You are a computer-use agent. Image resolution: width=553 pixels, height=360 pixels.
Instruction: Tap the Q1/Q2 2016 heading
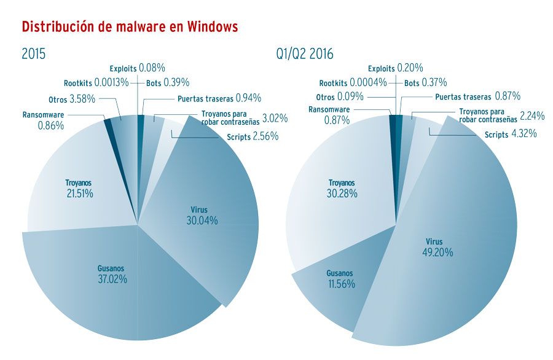[x=305, y=54]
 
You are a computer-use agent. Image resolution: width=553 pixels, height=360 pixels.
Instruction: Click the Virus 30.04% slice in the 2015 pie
[x=202, y=215]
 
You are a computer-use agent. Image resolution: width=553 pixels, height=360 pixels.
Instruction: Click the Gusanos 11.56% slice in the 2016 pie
[x=335, y=280]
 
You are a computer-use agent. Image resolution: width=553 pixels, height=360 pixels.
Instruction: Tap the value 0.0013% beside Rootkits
[x=113, y=83]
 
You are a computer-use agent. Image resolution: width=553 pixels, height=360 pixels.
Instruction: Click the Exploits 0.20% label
[x=398, y=68]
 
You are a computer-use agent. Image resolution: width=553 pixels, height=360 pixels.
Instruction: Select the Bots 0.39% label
[x=167, y=83]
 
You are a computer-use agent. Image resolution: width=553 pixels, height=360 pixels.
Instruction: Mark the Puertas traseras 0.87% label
[x=477, y=96]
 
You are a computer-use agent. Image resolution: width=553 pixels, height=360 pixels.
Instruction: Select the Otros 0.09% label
[x=339, y=97]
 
